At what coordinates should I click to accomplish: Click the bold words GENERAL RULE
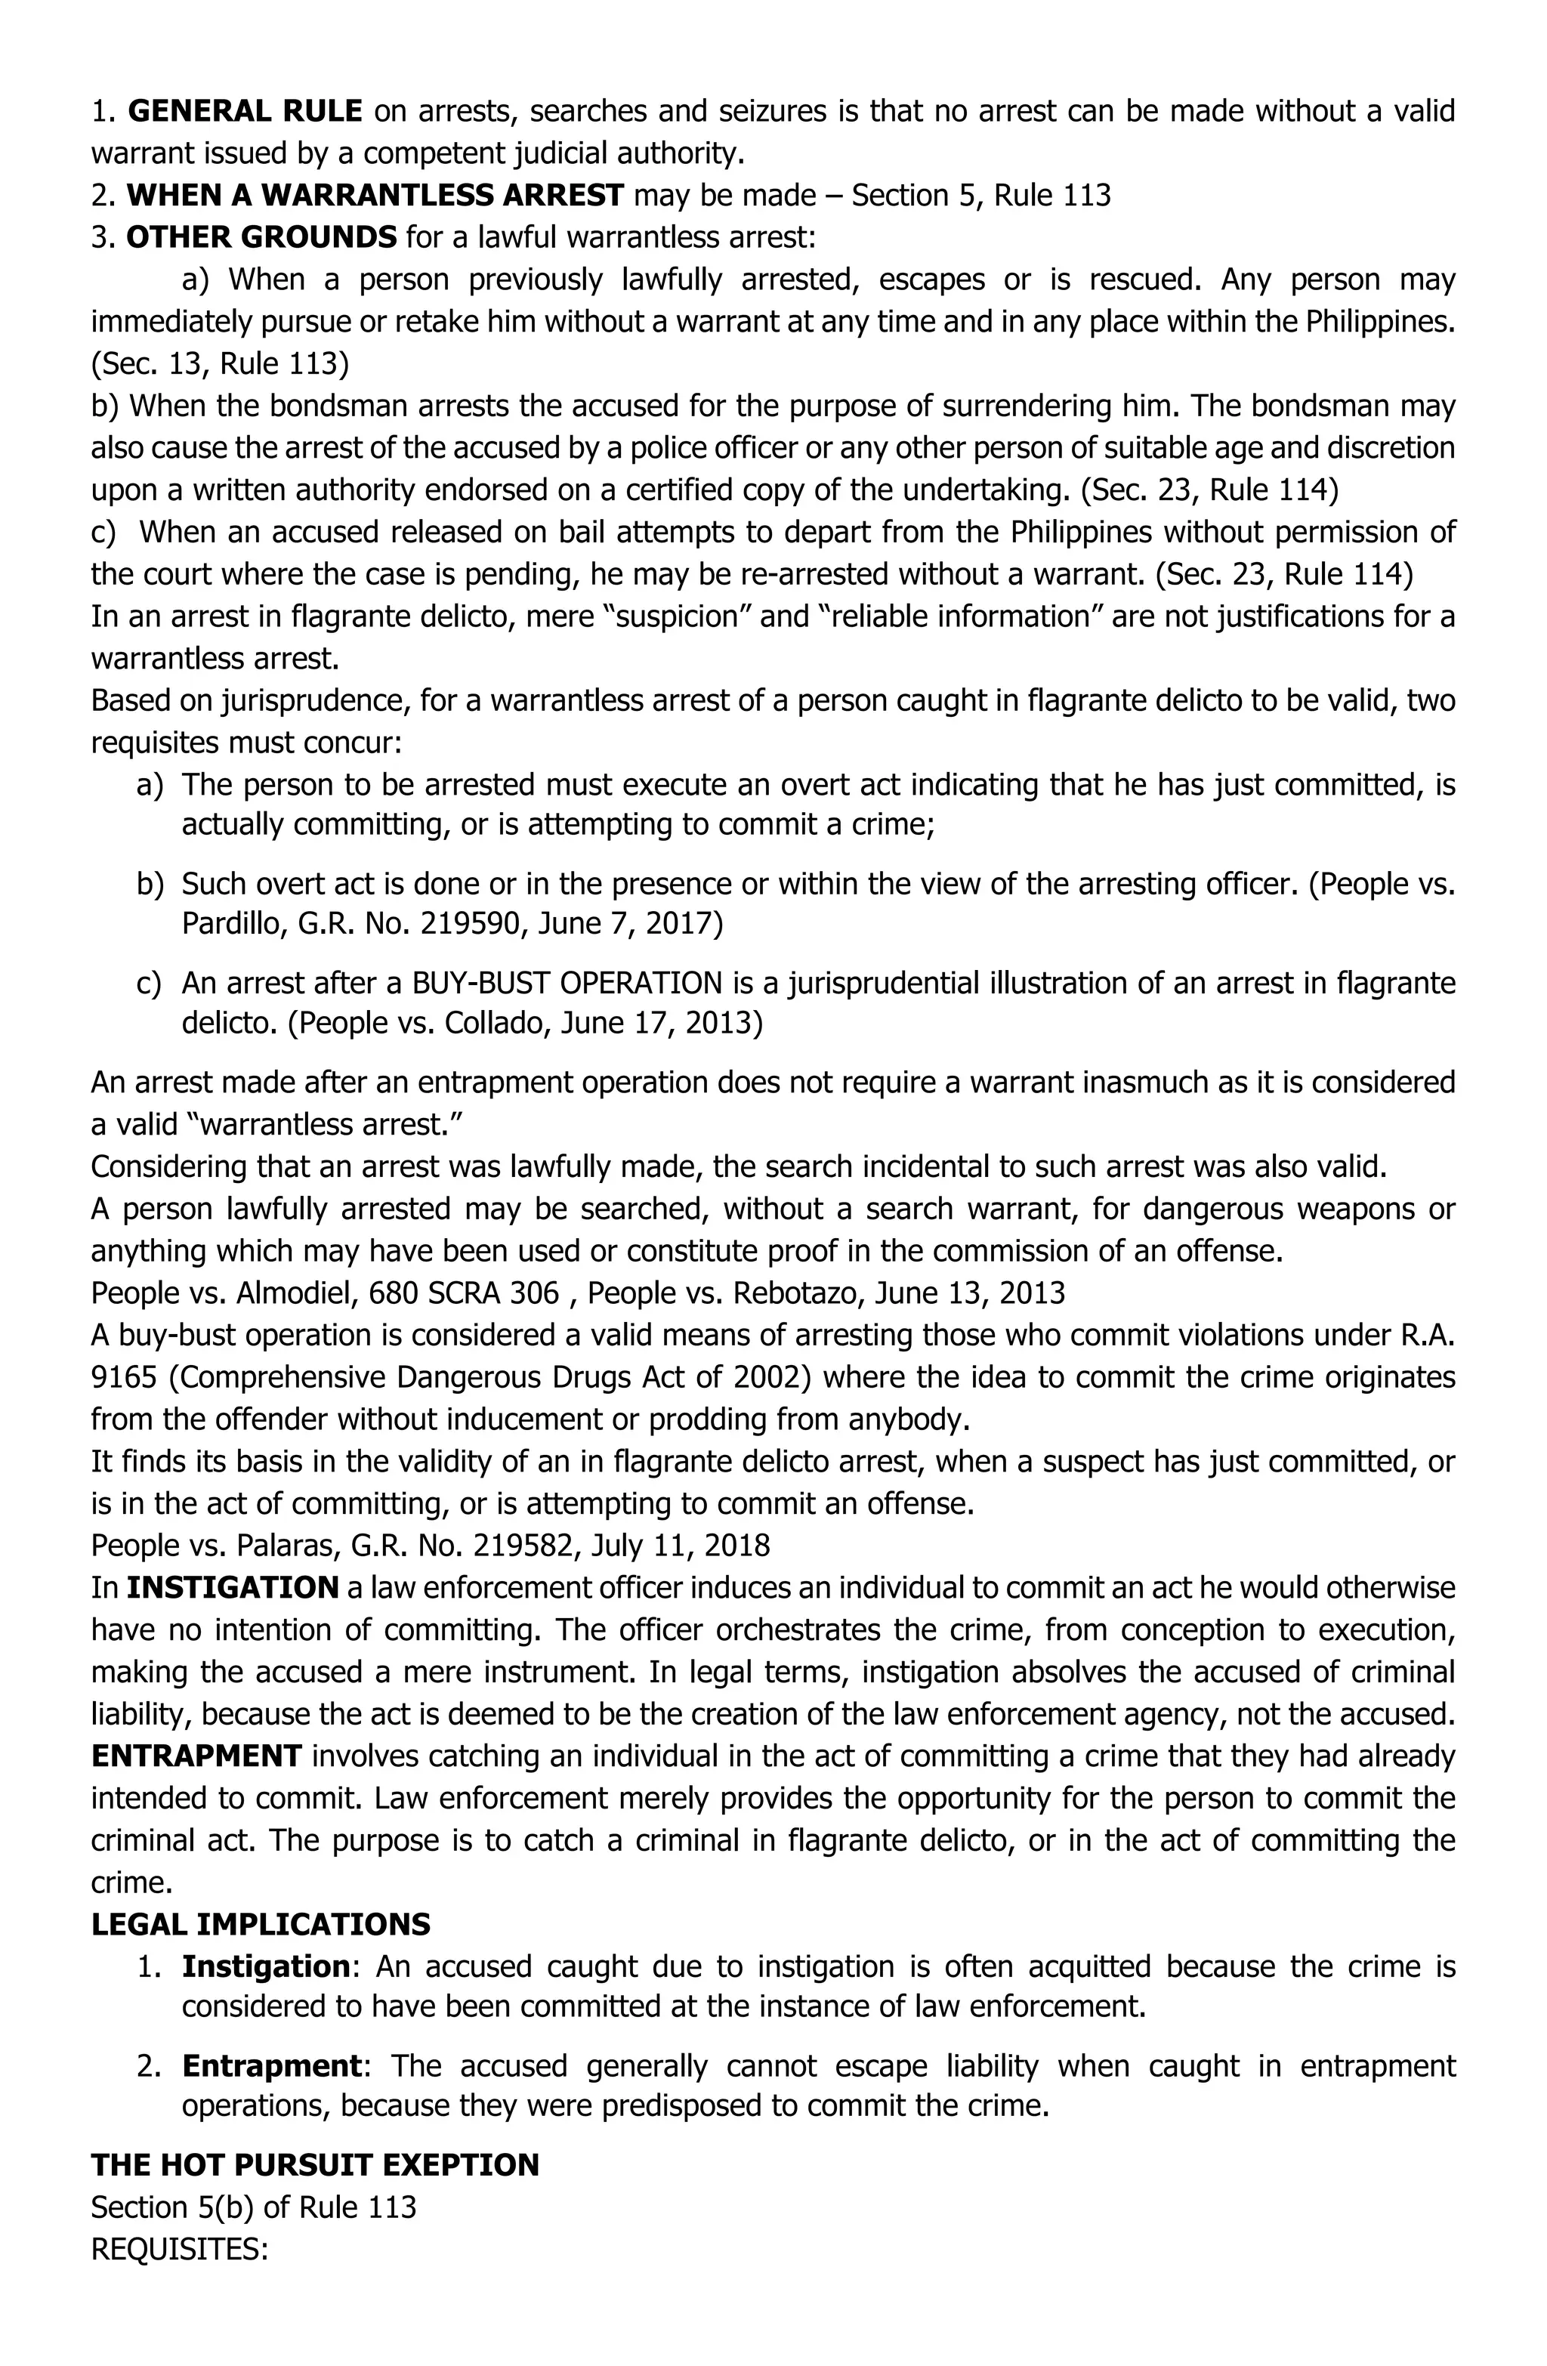245,111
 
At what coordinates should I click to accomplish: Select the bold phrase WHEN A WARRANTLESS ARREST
375,195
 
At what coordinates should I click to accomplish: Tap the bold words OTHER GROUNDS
261,238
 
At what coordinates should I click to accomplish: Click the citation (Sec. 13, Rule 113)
220,364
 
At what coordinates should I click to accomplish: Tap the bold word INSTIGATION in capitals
233,1588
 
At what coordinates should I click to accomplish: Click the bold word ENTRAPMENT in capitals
196,1756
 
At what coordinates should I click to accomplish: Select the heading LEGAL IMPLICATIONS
261,1925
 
